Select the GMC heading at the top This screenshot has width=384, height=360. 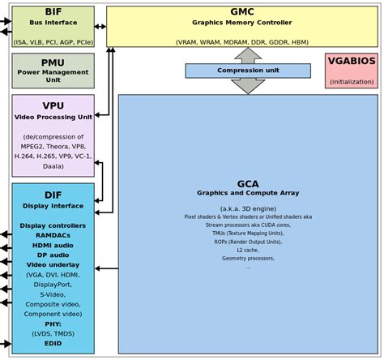[x=242, y=12]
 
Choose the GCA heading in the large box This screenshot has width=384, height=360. [x=248, y=183]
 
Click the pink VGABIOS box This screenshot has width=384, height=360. [x=351, y=71]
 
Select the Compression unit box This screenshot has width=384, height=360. [x=247, y=71]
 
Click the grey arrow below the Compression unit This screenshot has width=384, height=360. [x=247, y=86]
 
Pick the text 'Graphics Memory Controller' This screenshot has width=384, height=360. [x=242, y=23]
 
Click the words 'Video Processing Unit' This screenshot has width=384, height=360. [x=53, y=117]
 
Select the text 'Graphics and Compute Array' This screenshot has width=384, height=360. [x=248, y=193]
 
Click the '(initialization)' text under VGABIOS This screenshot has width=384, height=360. [x=351, y=81]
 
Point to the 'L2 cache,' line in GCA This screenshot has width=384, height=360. [x=248, y=250]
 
